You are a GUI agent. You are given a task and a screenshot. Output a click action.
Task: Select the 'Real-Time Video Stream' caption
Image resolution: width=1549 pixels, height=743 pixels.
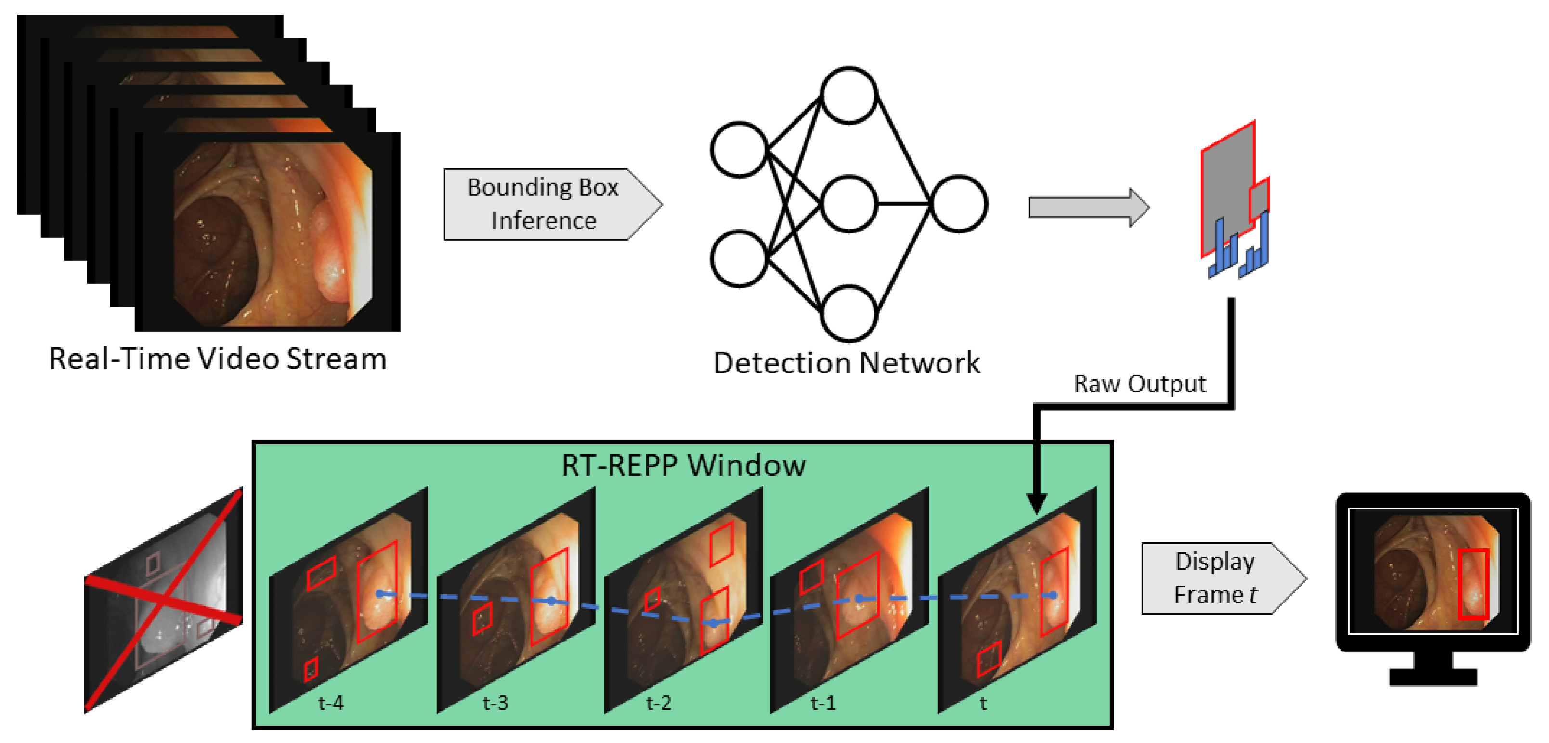click(x=218, y=359)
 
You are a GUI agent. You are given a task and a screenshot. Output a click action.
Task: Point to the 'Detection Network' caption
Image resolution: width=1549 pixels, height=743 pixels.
click(x=846, y=363)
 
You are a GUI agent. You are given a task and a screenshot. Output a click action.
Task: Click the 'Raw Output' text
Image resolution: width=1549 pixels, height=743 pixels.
click(x=1140, y=384)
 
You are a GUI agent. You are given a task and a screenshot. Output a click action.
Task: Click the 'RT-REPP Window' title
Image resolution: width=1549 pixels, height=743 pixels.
click(x=683, y=465)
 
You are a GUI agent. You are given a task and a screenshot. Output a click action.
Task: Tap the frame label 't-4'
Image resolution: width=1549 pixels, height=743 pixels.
click(x=331, y=702)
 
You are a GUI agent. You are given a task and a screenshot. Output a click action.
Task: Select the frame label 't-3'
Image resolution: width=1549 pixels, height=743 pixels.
click(x=495, y=702)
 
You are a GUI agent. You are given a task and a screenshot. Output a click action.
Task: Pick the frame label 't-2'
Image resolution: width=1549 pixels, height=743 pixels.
click(x=658, y=702)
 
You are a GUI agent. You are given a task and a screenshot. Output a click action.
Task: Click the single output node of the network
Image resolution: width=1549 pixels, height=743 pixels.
click(x=959, y=204)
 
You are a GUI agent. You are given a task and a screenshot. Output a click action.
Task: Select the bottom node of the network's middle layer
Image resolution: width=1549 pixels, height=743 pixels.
click(x=848, y=313)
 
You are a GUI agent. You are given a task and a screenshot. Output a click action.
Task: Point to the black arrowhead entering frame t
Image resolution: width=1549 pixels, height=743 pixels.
click(x=1037, y=502)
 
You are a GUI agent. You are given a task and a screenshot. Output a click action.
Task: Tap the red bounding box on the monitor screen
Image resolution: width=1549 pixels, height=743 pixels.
click(x=1473, y=583)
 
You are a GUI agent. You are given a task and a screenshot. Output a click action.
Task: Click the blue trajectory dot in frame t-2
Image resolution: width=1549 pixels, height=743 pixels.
click(x=713, y=623)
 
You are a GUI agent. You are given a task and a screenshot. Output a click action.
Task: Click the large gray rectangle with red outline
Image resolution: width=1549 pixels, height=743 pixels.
click(x=1227, y=186)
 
